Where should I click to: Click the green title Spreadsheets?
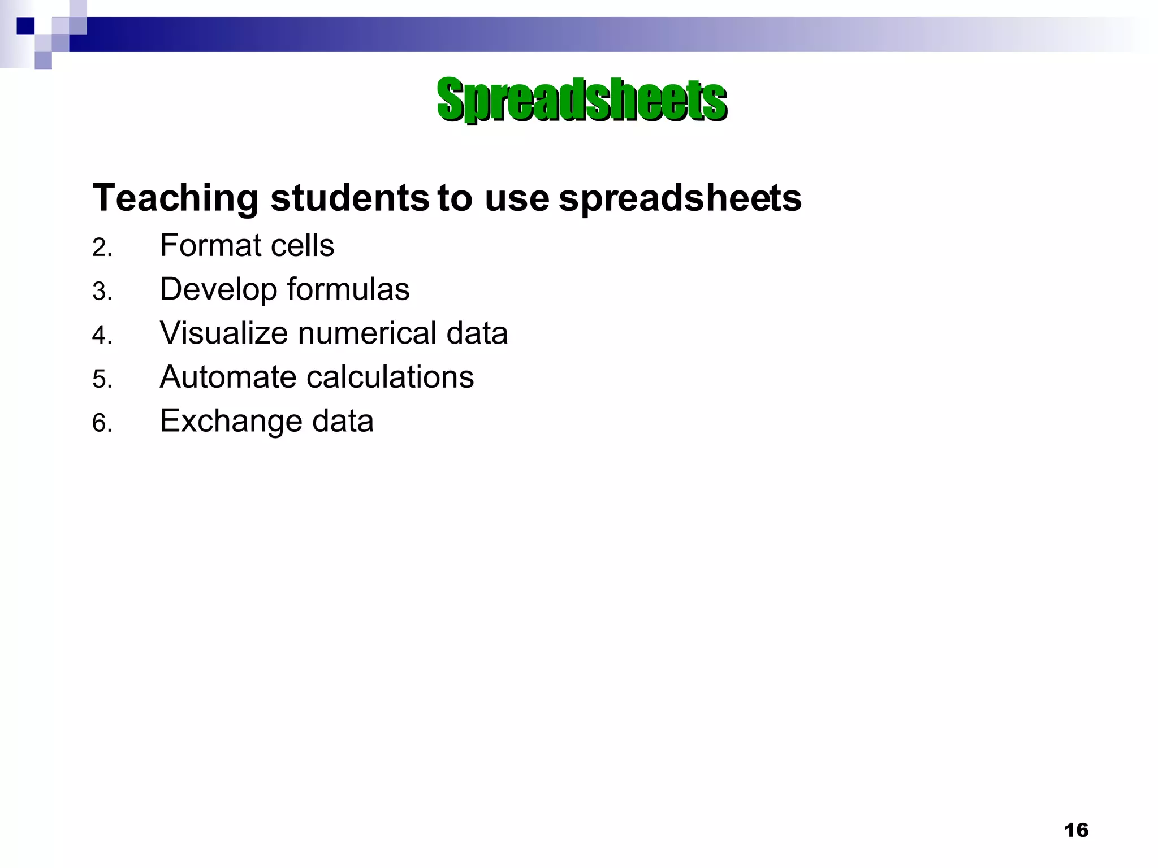(581, 100)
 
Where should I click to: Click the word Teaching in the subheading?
(175, 198)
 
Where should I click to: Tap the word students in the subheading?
(349, 198)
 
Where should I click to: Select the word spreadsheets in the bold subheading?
(680, 198)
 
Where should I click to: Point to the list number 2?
(102, 248)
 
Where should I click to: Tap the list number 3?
(102, 292)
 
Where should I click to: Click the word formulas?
(348, 289)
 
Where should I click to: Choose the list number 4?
(102, 335)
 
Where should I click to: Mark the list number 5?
(102, 379)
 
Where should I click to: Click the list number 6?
(102, 423)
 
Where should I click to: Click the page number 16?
(1076, 830)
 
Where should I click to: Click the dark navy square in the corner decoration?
(25, 26)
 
